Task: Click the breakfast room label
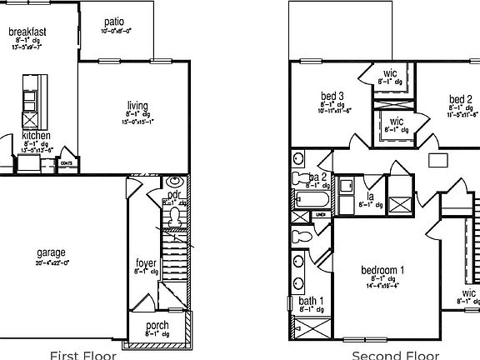pyautogui.click(x=27, y=32)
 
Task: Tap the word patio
pyautogui.click(x=114, y=22)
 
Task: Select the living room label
pyautogui.click(x=137, y=106)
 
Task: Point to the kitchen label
pyautogui.click(x=36, y=136)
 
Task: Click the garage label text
pyautogui.click(x=51, y=252)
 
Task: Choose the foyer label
pyautogui.click(x=146, y=264)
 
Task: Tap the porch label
pyautogui.click(x=157, y=325)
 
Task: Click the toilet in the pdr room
pyautogui.click(x=174, y=217)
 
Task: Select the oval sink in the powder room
pyautogui.click(x=175, y=182)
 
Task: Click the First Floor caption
pyautogui.click(x=83, y=355)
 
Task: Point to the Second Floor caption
pyautogui.click(x=383, y=355)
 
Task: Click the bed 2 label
pyautogui.click(x=460, y=98)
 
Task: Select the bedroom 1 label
pyautogui.click(x=382, y=270)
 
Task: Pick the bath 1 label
pyautogui.click(x=311, y=301)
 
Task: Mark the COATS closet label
pyautogui.click(x=67, y=162)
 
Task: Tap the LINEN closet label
pyautogui.click(x=319, y=215)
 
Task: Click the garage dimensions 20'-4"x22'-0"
pyautogui.click(x=52, y=262)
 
